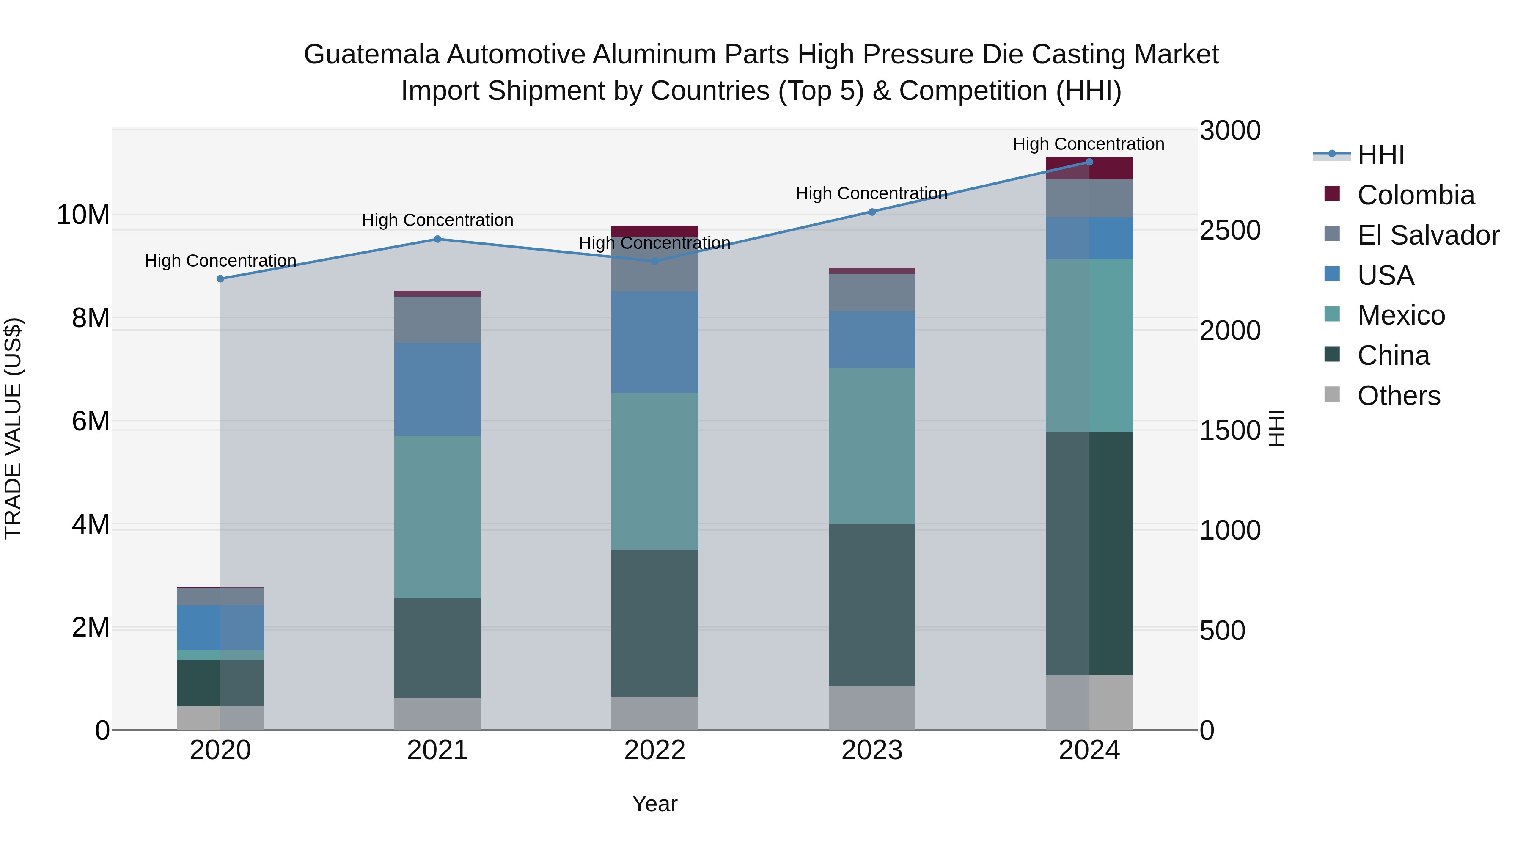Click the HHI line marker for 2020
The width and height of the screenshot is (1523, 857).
pos(220,278)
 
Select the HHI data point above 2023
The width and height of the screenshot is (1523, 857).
pos(872,212)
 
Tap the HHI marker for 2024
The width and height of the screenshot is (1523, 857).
pos(1089,162)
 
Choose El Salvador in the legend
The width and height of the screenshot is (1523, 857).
pos(1427,235)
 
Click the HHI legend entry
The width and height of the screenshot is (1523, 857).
pos(1380,155)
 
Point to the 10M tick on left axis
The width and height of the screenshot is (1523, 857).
pos(83,215)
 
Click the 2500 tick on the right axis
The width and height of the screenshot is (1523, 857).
pos(1230,231)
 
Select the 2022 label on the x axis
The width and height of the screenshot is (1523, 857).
pos(654,750)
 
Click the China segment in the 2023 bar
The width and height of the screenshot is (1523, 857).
pos(872,604)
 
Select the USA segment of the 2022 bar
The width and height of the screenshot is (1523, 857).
pos(654,342)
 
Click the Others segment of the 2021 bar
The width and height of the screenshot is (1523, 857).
pos(437,714)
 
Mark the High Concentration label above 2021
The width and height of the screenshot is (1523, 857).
pos(437,220)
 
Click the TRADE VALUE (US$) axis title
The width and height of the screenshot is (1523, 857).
pos(13,428)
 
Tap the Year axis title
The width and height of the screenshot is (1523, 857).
pos(654,804)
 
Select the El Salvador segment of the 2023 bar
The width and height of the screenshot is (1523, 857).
pos(872,293)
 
